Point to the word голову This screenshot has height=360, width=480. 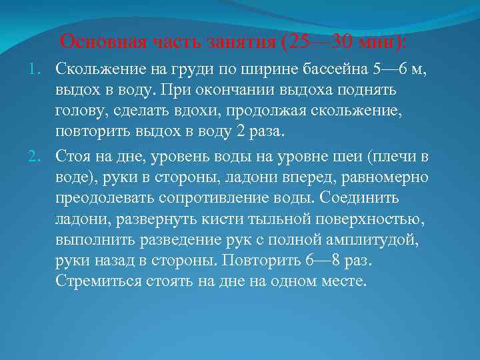pos(79,111)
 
